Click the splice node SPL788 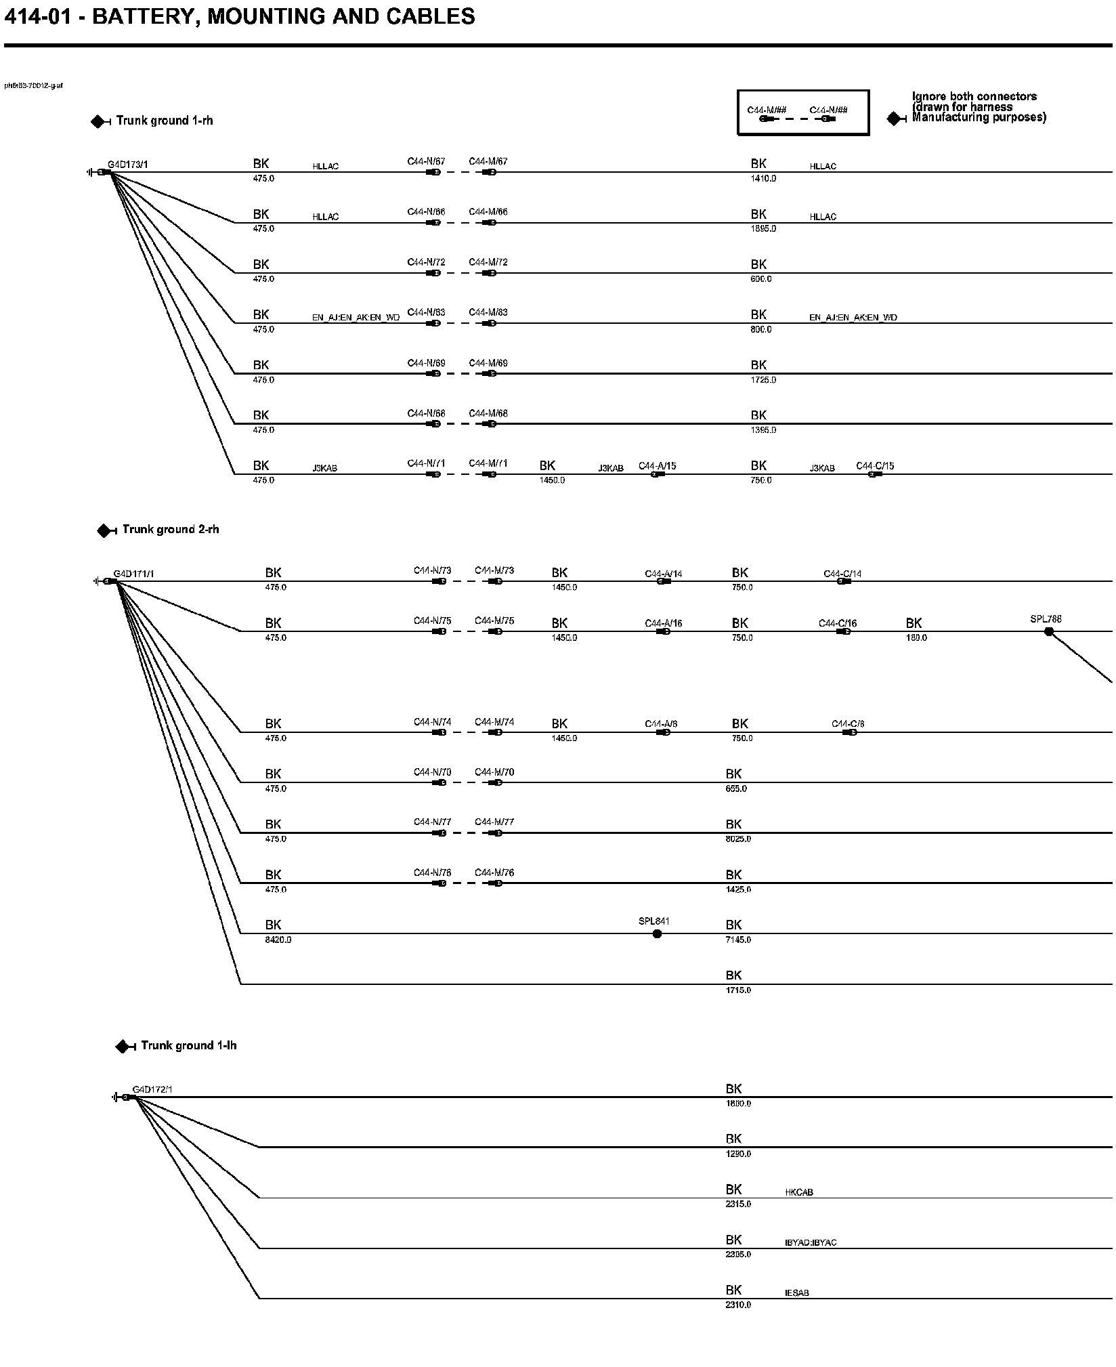tap(1049, 631)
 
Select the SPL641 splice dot tap(657, 933)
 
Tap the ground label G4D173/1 tap(128, 165)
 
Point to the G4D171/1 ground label tap(134, 574)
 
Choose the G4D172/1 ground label tap(152, 1089)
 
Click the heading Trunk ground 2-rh tap(171, 529)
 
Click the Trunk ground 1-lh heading tap(188, 1045)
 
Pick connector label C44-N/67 tap(426, 162)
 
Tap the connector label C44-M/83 tap(488, 312)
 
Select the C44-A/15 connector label tap(657, 466)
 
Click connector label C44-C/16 tap(838, 623)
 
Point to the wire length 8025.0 tap(738, 839)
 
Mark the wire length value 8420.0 tap(278, 940)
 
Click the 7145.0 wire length tap(738, 940)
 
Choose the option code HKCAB tap(799, 1192)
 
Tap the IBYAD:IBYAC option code tap(811, 1242)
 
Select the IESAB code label tap(797, 1293)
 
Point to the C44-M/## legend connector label tap(766, 110)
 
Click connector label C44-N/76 tap(432, 872)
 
